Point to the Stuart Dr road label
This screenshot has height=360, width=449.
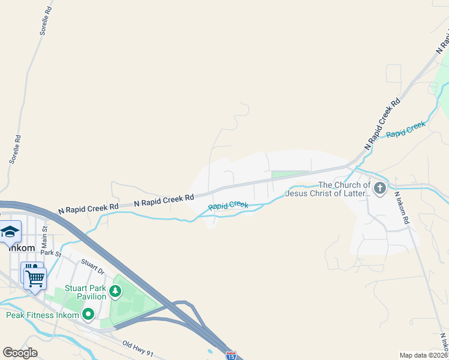coord(92,266)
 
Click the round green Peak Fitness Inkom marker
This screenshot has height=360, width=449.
coord(89,314)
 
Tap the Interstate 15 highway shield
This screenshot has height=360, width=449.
coord(232,355)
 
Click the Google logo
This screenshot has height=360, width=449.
coord(20,353)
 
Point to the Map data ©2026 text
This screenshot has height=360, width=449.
coord(423,355)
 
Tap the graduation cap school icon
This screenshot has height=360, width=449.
coord(10,232)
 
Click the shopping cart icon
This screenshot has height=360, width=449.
coord(35,277)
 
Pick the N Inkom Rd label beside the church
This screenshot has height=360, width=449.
coord(402,208)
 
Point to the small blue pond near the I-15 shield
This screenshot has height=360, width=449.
coord(209,352)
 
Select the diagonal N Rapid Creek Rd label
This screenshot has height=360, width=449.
coord(382,124)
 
